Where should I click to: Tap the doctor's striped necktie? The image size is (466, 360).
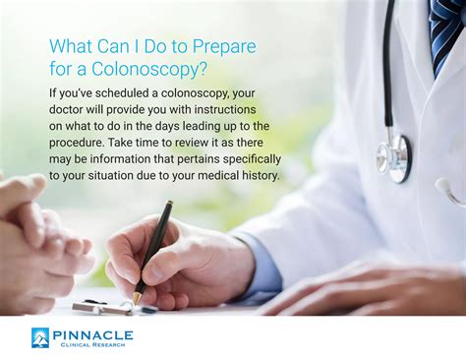click(x=447, y=30)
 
